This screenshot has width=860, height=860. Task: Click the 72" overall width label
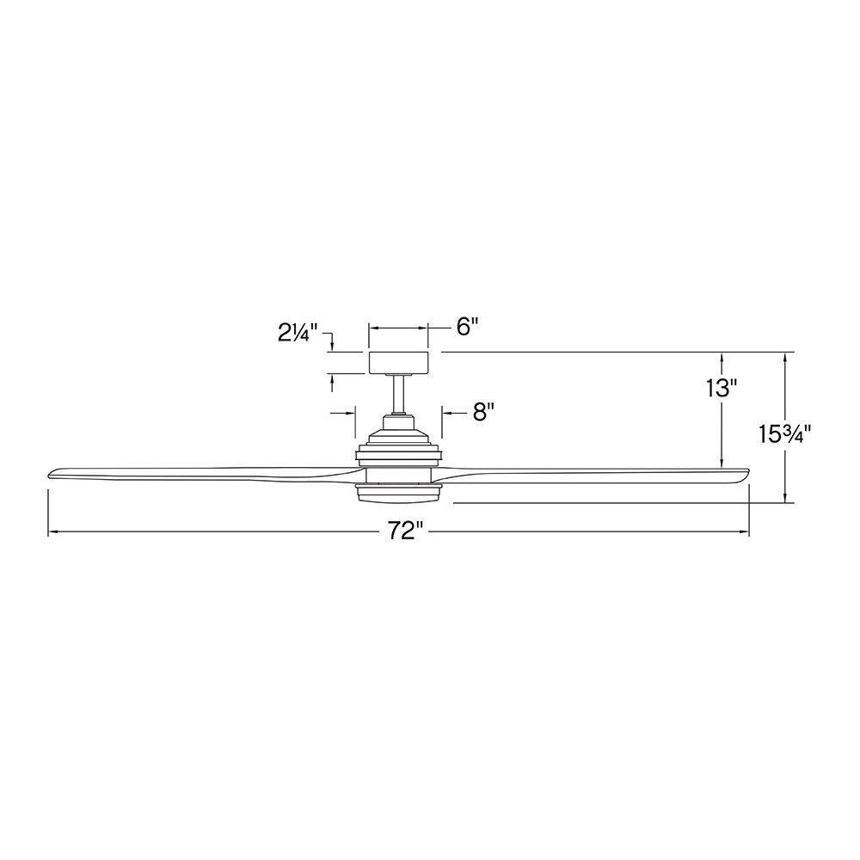[x=406, y=531]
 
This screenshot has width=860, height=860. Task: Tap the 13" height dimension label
[x=720, y=389]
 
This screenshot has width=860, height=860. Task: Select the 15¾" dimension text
[x=785, y=434]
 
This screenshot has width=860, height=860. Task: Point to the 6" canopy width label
[x=468, y=328]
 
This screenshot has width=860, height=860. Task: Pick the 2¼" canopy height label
[x=298, y=333]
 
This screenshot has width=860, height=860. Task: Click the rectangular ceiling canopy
[x=398, y=363]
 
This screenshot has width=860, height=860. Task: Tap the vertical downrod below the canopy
[x=398, y=394]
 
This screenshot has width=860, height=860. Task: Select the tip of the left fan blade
[x=49, y=474]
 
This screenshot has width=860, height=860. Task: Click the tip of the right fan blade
[x=748, y=471]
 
